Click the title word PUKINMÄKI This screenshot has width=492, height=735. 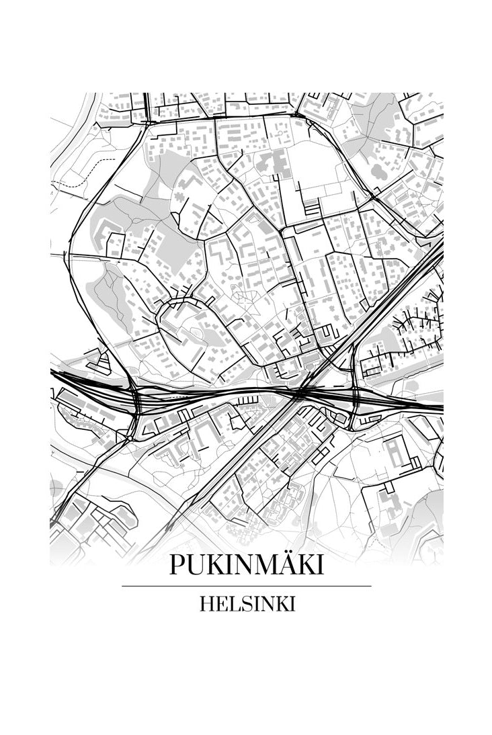(x=246, y=565)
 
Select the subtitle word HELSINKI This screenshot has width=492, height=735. (x=247, y=604)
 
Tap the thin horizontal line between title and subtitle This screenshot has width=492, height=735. (x=246, y=586)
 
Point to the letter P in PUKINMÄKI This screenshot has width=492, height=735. (x=177, y=565)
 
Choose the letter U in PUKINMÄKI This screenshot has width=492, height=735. (x=194, y=565)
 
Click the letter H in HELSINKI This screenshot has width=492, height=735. (x=206, y=604)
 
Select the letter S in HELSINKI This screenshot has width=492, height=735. (x=241, y=604)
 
